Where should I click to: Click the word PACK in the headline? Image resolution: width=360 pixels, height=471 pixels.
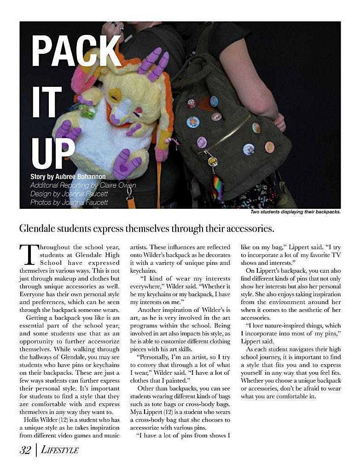76,51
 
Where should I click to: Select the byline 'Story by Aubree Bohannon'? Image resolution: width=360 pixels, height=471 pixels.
68,177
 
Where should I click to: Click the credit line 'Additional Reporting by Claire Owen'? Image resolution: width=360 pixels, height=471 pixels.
83,185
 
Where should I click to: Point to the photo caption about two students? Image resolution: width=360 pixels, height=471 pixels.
295,212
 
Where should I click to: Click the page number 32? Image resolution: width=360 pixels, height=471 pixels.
25,450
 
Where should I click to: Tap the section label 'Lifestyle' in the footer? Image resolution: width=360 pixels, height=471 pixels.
60,450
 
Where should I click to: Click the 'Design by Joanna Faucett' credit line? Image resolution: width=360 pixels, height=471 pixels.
69,194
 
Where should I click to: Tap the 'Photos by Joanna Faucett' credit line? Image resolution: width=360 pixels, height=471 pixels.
69,202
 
